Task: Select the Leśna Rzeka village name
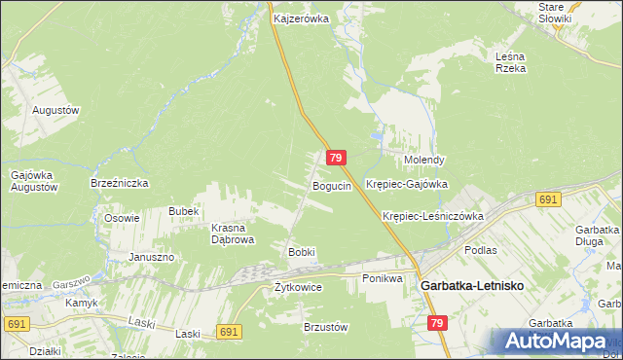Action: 510,62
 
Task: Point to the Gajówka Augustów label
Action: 32,181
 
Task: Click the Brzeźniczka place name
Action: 119,182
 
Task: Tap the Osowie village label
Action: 123,218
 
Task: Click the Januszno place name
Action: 151,257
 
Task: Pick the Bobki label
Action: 301,252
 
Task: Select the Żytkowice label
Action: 298,288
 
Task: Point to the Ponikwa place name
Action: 383,279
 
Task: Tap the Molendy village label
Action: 424,160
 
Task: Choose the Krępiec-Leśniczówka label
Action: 433,216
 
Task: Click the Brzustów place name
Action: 326,328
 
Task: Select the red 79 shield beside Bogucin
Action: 336,158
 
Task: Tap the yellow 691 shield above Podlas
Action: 547,199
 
